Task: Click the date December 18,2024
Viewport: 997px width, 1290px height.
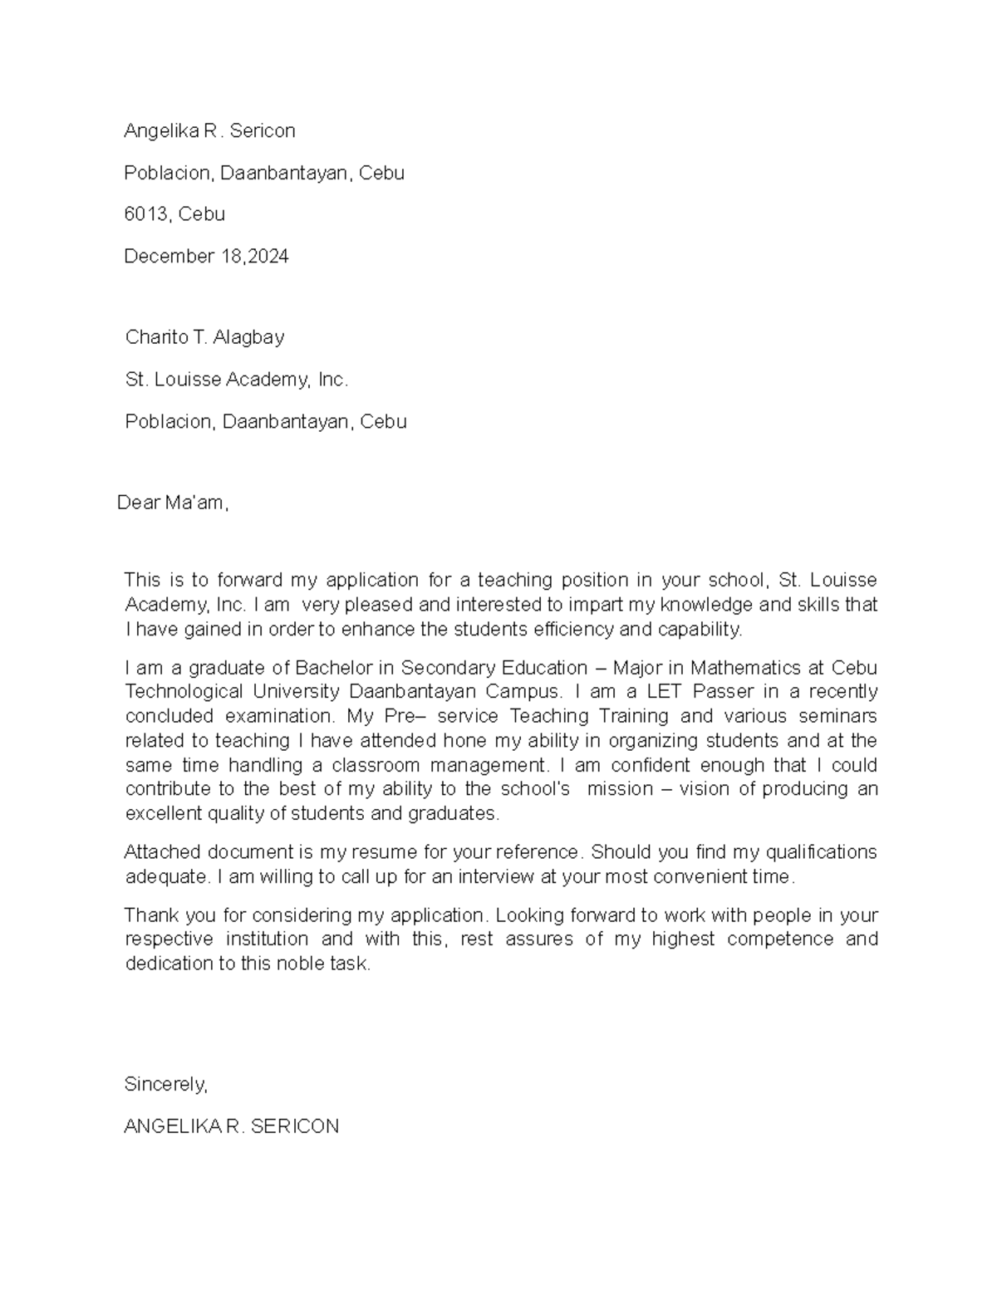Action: tap(206, 257)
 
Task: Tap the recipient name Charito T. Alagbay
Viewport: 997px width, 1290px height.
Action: tap(204, 337)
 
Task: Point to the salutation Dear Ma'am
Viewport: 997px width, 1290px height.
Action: tap(172, 503)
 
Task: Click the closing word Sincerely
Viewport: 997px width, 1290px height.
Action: tap(165, 1085)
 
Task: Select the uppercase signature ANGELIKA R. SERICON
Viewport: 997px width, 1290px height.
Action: tap(231, 1127)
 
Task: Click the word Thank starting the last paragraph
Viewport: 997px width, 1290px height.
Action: tap(150, 915)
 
